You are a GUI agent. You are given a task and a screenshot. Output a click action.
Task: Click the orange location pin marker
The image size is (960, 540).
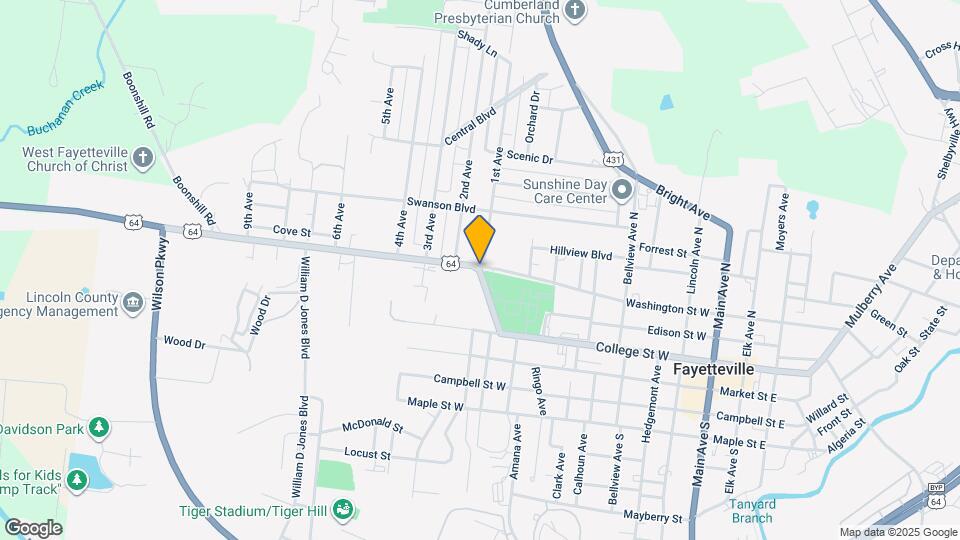tap(480, 239)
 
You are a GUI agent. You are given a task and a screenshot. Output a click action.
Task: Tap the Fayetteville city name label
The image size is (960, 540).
tap(713, 369)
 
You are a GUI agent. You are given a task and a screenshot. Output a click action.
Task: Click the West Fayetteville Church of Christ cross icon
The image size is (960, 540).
tap(143, 158)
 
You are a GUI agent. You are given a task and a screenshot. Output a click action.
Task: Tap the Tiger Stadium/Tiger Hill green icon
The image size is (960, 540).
tap(343, 509)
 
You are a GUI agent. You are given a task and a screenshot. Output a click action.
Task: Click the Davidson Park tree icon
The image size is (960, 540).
tap(98, 429)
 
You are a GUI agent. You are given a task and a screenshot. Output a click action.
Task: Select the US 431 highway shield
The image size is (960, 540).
tap(613, 158)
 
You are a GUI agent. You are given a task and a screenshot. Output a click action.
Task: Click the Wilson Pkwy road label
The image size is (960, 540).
tap(160, 284)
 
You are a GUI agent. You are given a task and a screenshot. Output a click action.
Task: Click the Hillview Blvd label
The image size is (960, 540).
tap(580, 255)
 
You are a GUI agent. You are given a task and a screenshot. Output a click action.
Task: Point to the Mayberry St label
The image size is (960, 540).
tap(652, 518)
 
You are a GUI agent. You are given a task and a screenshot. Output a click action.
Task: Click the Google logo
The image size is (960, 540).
tap(33, 528)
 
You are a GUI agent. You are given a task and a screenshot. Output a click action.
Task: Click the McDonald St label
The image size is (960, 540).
tap(372, 427)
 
